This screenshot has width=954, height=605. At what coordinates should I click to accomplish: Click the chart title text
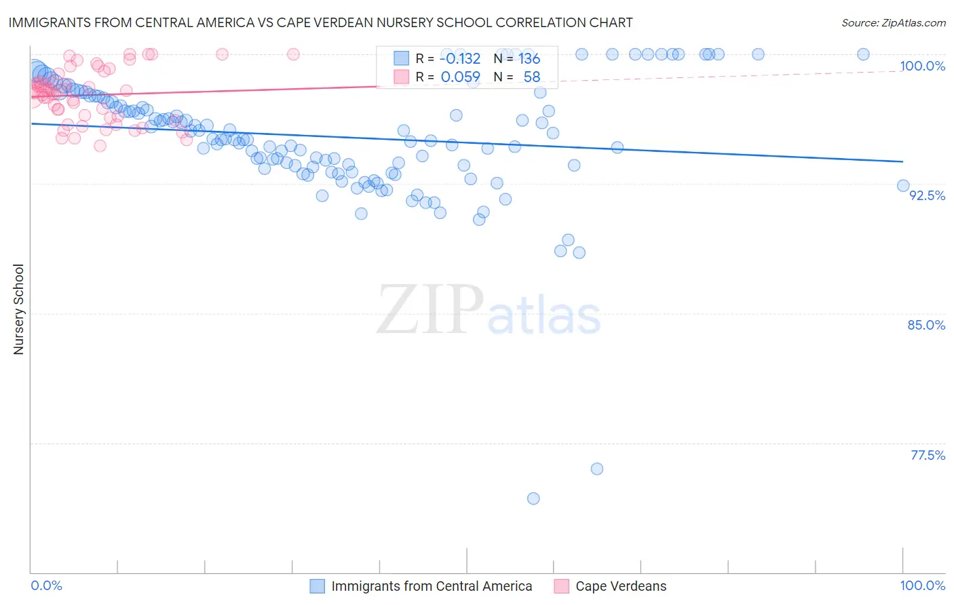pos(320,22)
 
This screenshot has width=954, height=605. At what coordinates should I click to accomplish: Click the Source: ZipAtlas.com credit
pos(893,22)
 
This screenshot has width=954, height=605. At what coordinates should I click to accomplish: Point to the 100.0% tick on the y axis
pos(922,66)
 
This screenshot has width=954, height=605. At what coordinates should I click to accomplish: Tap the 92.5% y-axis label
pos(927,195)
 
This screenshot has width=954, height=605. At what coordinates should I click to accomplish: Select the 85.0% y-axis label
pos(926,325)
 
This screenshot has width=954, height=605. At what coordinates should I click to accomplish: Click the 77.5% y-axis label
pos(928,455)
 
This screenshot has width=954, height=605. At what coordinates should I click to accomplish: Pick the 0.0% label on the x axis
pos(46,585)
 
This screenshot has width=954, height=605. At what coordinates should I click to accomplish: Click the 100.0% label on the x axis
pos(922,585)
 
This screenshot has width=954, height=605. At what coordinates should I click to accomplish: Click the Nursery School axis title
pos(19,309)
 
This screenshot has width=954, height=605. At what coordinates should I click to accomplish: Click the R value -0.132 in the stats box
pos(460,59)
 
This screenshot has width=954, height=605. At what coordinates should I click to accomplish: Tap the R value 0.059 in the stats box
pos(460,77)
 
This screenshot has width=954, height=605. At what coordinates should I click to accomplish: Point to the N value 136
pos(529,59)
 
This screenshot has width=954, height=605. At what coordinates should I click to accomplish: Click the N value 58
pos(531,77)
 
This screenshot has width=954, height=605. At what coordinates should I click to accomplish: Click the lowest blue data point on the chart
pos(533,499)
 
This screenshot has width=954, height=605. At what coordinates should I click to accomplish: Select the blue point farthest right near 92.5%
pos(903,186)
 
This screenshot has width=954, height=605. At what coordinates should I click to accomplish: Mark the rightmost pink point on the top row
pos(293,54)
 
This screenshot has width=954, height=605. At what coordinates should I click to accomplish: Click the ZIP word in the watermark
pos(430,310)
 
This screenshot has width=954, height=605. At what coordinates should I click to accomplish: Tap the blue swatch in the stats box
pos(401,59)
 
